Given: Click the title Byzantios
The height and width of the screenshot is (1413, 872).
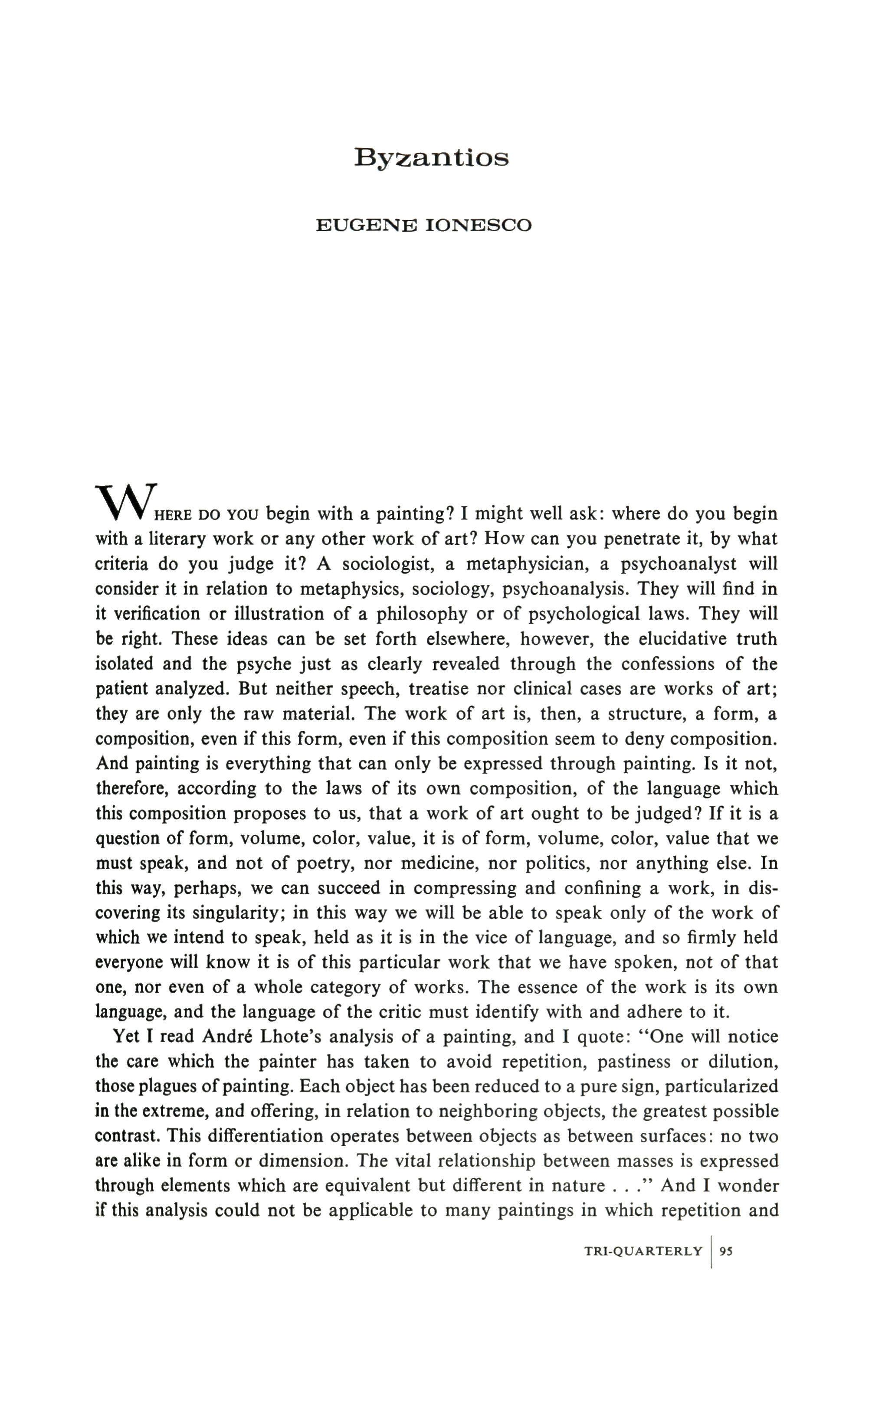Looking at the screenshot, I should (431, 158).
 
